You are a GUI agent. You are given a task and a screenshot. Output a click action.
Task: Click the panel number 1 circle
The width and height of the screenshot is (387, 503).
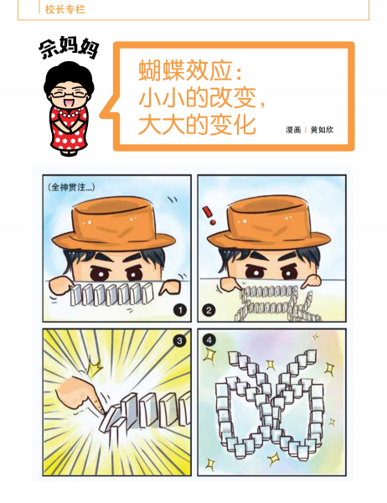(x=180, y=310)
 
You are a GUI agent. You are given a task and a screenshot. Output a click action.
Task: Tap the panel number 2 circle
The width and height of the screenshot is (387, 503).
(x=209, y=310)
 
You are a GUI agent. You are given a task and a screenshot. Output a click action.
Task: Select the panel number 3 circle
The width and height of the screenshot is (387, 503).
(x=179, y=340)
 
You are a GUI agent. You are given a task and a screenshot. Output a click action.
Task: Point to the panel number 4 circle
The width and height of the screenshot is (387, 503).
(x=209, y=340)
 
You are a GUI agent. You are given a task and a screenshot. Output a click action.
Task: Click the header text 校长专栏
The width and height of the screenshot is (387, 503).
(x=64, y=9)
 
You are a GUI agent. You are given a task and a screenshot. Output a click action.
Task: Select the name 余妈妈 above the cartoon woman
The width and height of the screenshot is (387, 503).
(x=69, y=49)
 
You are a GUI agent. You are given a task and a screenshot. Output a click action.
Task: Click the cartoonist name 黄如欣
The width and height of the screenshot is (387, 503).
(x=322, y=130)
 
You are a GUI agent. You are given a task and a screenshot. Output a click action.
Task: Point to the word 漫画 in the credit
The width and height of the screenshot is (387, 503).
(x=293, y=130)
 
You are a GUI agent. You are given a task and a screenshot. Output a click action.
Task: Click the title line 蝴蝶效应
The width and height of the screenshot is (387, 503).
(x=190, y=70)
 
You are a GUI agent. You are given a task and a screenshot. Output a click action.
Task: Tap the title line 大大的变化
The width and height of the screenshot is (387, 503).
(x=197, y=124)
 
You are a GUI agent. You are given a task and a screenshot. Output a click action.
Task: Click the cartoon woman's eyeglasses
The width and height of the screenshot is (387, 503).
(x=68, y=94)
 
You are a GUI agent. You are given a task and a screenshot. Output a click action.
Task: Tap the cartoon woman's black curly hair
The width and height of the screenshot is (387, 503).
(x=69, y=78)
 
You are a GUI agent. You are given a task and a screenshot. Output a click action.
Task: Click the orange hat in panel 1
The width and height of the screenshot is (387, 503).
(x=114, y=224)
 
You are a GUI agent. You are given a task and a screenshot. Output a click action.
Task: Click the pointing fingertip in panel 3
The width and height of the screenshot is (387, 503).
(x=101, y=410)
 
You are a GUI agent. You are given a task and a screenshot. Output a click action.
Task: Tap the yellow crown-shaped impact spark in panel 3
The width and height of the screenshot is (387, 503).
(x=94, y=367)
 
